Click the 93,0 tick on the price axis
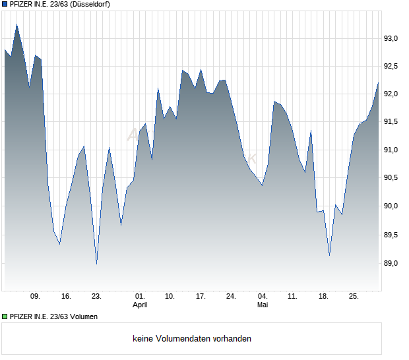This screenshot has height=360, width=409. click(x=391, y=39)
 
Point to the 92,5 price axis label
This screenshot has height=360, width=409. click(x=391, y=66)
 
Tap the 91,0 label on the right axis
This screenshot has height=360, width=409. click(x=391, y=150)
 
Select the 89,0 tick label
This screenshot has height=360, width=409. click(x=391, y=263)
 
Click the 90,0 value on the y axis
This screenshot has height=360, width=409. click(x=391, y=206)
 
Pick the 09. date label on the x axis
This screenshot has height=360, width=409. click(x=35, y=297)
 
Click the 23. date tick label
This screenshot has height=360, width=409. click(x=96, y=297)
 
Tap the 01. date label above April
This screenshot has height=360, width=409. click(x=140, y=297)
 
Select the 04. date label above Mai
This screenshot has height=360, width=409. click(x=263, y=297)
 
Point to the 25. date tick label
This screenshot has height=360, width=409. click(x=354, y=297)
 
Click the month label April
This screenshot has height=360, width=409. click(x=140, y=305)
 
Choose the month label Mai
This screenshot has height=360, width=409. click(x=263, y=305)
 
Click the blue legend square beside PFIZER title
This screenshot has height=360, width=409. click(x=5, y=4)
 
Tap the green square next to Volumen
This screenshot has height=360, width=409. click(x=5, y=316)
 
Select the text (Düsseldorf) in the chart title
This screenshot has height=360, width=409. click(x=90, y=4)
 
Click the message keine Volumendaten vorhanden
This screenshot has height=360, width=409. click(x=192, y=339)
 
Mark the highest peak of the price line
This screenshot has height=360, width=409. click(x=17, y=24)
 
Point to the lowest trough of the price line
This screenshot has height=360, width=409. click(x=97, y=264)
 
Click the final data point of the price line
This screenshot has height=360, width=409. click(x=378, y=82)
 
